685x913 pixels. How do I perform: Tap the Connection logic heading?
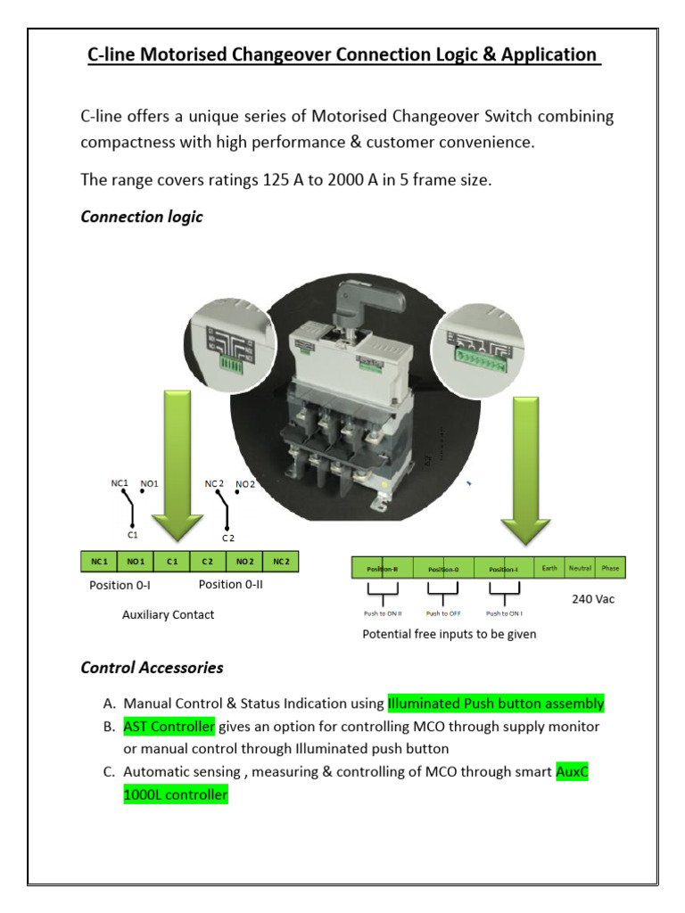point(141,217)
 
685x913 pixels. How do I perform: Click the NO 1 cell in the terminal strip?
point(135,562)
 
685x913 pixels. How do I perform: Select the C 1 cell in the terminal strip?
point(172,562)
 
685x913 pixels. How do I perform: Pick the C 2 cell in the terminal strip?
point(207,562)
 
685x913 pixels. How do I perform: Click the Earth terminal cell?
point(549,568)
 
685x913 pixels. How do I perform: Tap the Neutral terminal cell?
point(580,568)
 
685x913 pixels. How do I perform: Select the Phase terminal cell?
point(610,568)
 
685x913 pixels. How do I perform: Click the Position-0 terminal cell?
point(443,569)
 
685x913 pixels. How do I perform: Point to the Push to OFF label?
point(442,613)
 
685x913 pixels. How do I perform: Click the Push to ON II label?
point(383,613)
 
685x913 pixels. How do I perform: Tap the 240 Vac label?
point(593,599)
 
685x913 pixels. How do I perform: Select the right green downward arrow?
point(524,473)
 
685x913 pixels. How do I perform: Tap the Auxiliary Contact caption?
point(168,614)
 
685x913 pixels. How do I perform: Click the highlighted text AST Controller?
point(169,727)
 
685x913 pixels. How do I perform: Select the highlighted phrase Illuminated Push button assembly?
point(496,703)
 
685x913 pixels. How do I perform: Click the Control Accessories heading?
point(152,667)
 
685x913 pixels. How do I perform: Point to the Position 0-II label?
point(230,585)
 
